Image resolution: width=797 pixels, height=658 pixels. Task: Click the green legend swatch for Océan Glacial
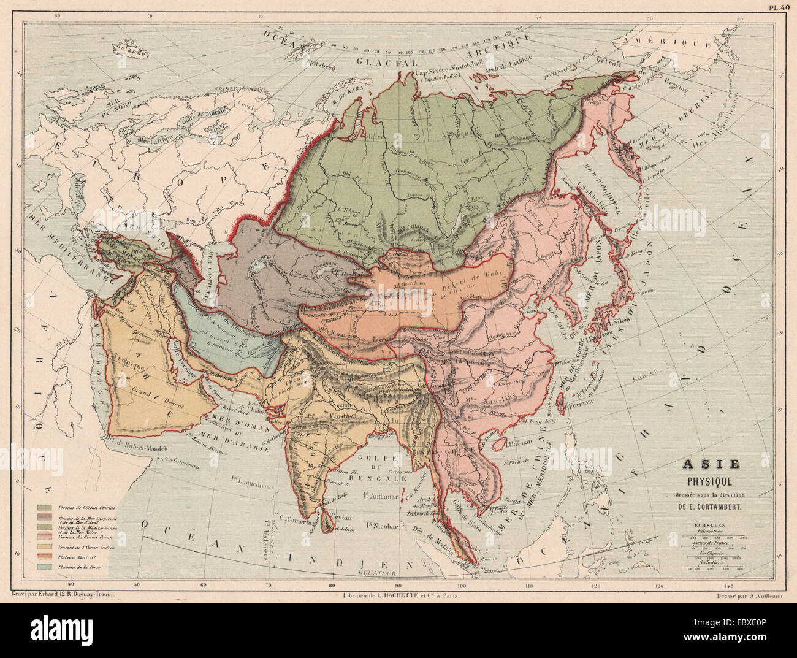click(x=44, y=508)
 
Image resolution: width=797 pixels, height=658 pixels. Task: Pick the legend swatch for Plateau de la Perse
click(x=44, y=568)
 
